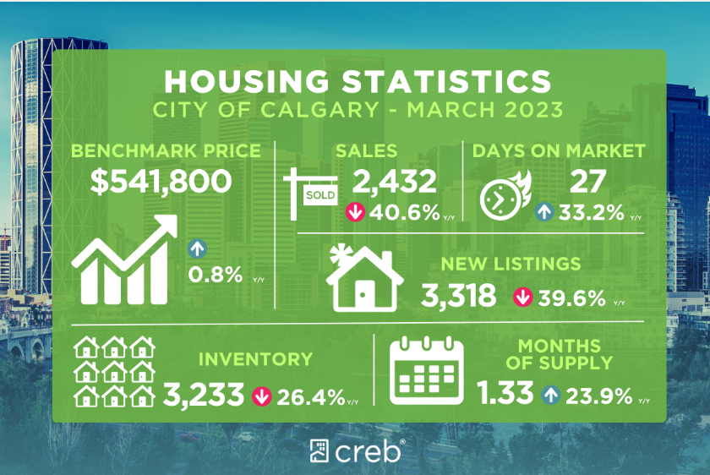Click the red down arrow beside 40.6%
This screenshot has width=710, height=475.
(356, 212)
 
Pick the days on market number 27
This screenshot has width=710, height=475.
(582, 181)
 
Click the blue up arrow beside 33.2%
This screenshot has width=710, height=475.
(544, 212)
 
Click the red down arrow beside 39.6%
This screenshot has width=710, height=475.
(523, 298)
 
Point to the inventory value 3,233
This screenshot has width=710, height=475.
(204, 394)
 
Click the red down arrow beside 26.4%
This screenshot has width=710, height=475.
(261, 395)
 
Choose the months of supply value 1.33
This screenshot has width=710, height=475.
(505, 394)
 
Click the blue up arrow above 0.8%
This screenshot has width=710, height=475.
(197, 249)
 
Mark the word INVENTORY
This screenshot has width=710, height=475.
(255, 359)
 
